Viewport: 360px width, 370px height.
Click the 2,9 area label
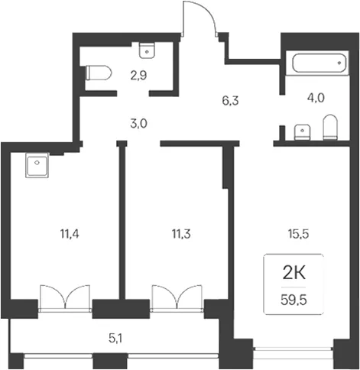(x=138, y=76)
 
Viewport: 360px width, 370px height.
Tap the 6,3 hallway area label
(x=230, y=101)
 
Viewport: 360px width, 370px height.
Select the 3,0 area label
(x=139, y=124)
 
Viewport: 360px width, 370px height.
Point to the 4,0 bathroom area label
(x=316, y=98)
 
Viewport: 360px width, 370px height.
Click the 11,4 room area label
(x=70, y=234)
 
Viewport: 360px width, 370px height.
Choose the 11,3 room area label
(x=181, y=234)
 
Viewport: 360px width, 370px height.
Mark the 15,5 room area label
(x=299, y=234)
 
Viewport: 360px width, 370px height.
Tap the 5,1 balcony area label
(x=115, y=339)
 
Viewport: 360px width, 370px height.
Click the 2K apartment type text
(x=294, y=274)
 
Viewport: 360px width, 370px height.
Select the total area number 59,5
(x=294, y=300)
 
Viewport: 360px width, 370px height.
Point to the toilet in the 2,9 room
(x=99, y=73)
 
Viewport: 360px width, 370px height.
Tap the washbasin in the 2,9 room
(x=147, y=50)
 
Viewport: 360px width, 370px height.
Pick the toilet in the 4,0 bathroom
(x=329, y=127)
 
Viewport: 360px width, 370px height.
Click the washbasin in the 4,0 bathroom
(x=302, y=132)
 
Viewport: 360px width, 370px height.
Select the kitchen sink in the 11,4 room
(x=37, y=165)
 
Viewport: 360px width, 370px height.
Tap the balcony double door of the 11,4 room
(x=65, y=298)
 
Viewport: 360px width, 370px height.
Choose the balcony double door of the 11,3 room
(x=177, y=298)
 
